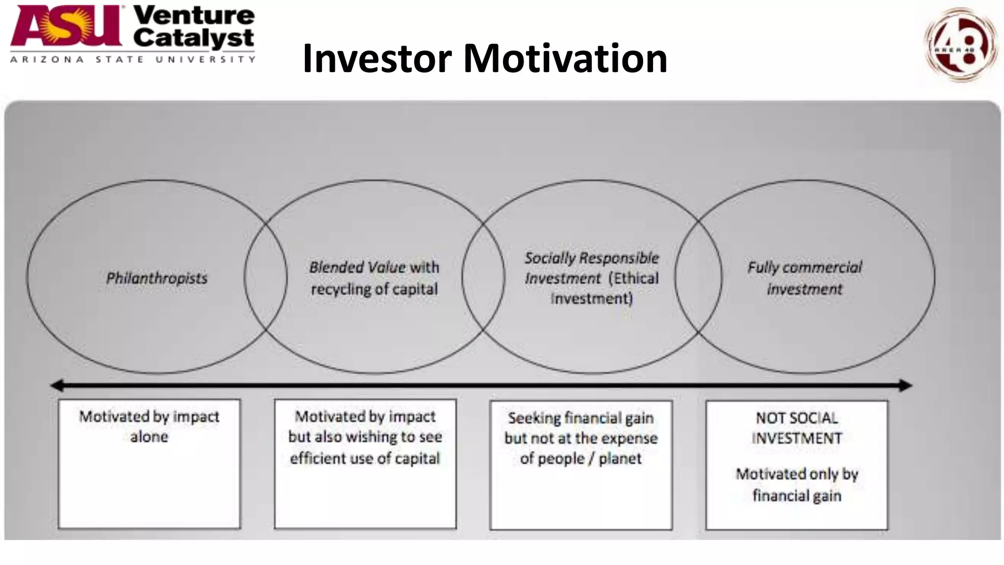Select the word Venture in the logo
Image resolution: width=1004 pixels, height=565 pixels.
point(194,15)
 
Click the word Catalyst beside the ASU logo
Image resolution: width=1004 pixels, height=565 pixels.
point(194,38)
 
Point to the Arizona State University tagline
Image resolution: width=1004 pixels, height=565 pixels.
point(132,59)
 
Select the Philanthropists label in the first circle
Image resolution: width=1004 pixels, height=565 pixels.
point(157,278)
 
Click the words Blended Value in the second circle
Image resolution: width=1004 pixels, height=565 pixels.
point(357,267)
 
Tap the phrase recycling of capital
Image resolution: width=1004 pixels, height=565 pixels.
point(374,289)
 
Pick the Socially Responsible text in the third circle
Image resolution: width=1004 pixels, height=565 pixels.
point(592,258)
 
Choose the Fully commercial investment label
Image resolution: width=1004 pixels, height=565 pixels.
point(804,278)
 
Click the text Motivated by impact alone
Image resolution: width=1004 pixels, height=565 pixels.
point(149,426)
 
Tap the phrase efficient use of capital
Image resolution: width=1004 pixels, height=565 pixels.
point(365,458)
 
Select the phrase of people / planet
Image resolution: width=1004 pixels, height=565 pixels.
point(580,458)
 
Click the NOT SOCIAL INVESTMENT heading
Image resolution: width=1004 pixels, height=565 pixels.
point(797,428)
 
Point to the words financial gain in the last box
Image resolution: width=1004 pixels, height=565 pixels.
point(797,495)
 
